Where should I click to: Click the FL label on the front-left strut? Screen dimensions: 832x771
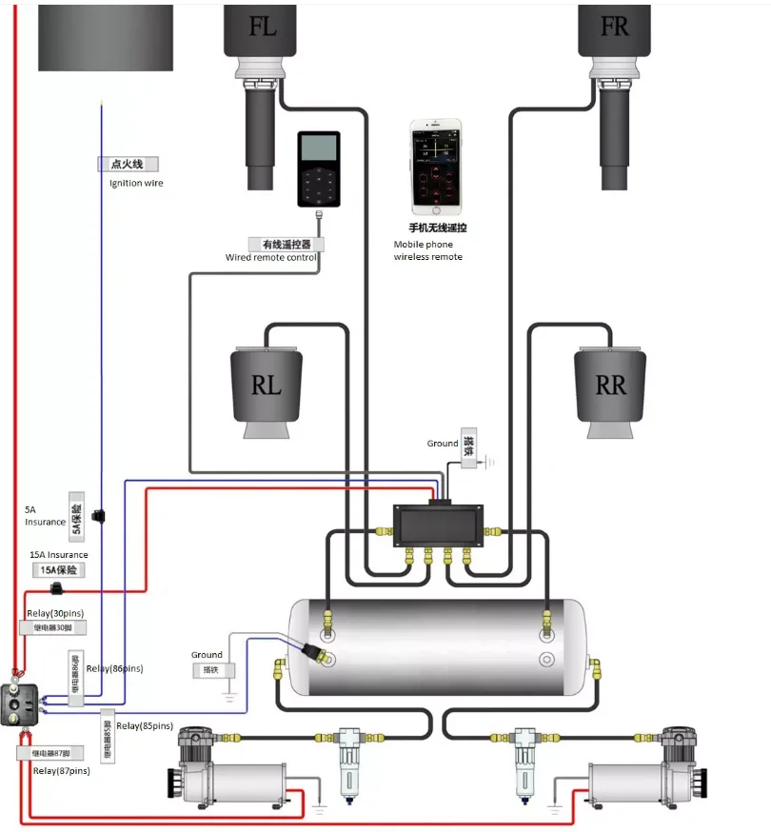point(263,27)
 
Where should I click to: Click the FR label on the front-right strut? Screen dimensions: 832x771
point(614,27)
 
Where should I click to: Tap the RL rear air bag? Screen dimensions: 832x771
point(267,386)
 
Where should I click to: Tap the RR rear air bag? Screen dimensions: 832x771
point(610,386)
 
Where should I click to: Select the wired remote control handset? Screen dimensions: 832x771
point(318,169)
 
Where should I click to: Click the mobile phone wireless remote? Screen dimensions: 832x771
point(436,167)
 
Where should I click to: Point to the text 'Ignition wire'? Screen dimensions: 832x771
point(136,183)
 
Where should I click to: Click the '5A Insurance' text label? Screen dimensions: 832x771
point(45,516)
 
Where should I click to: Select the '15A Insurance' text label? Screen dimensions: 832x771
point(59,555)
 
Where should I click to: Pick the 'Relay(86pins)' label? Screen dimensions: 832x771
point(114,668)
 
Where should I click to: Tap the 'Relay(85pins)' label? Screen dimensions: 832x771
point(143,726)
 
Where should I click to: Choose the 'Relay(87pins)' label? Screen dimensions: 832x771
point(61,770)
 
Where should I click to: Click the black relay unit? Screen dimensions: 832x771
point(19,704)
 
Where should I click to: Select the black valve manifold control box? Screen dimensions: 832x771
point(439,525)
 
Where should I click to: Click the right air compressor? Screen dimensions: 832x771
point(651,772)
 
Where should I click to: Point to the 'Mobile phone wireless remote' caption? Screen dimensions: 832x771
point(427,250)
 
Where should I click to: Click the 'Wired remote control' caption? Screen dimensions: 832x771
point(270,257)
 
